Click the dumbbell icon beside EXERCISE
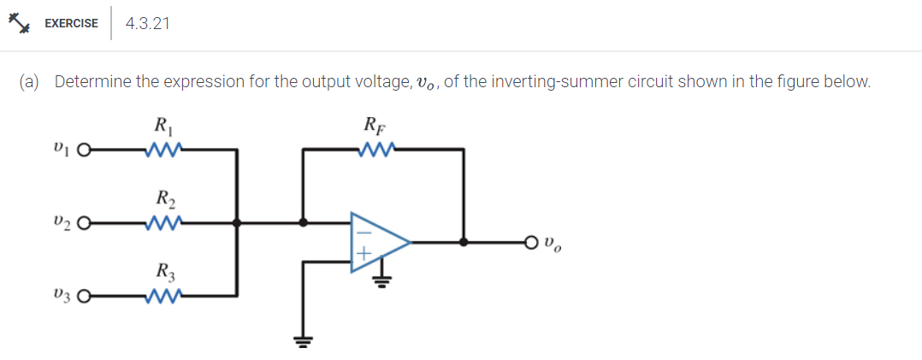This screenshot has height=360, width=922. (20, 23)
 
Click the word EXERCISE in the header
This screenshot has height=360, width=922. (71, 24)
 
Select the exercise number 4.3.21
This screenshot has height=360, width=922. (147, 24)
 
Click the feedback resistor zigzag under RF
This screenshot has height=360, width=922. (376, 151)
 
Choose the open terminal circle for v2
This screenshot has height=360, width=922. (83, 225)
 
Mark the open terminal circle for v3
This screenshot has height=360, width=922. (83, 298)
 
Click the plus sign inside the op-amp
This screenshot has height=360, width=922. (362, 254)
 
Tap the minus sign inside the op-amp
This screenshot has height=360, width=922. (362, 229)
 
